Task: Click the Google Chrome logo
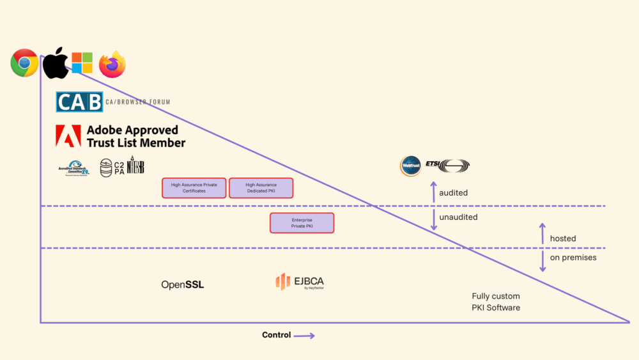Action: click(24, 63)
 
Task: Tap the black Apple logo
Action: click(56, 62)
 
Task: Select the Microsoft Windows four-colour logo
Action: click(82, 63)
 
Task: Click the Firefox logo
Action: click(112, 64)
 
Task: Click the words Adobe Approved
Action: click(132, 130)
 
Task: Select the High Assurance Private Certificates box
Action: click(194, 188)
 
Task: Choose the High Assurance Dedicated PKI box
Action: click(261, 188)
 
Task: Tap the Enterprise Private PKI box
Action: click(302, 223)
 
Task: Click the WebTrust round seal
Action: click(410, 166)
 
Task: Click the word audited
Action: click(453, 192)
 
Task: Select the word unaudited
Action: click(458, 217)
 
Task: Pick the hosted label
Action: click(563, 239)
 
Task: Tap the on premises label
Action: click(573, 258)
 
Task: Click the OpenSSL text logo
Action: click(183, 285)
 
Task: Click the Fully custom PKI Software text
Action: click(496, 302)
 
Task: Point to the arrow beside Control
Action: click(305, 335)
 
